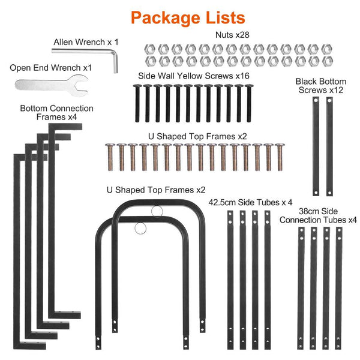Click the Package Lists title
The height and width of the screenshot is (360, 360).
[x=188, y=18]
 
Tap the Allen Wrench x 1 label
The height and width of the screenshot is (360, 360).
[x=86, y=42]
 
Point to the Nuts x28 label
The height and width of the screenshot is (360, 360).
[x=232, y=35]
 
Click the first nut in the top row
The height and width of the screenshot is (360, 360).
[x=150, y=49]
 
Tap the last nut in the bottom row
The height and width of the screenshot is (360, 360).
[x=328, y=61]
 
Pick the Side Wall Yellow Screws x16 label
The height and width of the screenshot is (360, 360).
[x=194, y=76]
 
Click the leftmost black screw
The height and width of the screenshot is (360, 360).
[x=137, y=103]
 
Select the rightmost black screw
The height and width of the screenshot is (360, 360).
[x=249, y=103]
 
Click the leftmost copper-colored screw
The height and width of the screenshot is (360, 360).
[x=110, y=157]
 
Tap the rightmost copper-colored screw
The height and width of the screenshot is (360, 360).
[x=280, y=157]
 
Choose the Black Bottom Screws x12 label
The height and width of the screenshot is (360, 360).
[x=321, y=86]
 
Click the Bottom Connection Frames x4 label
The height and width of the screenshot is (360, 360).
[x=56, y=113]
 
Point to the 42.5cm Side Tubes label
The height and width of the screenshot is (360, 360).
[x=250, y=202]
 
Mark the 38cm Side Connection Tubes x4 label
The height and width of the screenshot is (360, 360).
[x=318, y=215]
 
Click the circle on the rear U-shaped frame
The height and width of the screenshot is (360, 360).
[x=157, y=206]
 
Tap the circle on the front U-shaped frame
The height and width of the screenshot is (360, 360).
[x=140, y=223]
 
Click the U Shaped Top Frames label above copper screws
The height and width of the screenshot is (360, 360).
[x=197, y=136]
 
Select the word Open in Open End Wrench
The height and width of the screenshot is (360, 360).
[x=20, y=68]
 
